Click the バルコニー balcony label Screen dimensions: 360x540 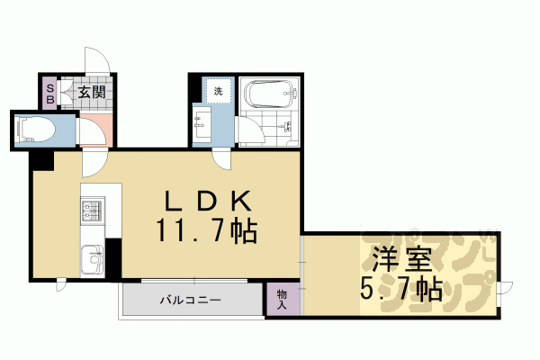click(x=192, y=299)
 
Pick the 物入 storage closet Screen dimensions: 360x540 click(x=282, y=300)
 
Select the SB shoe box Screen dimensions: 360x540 click(x=50, y=91)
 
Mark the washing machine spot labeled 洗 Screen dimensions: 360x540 click(x=217, y=91)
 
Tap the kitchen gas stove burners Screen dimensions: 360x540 click(x=92, y=213)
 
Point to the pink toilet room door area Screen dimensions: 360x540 click(x=94, y=131)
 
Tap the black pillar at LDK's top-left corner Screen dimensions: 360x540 click(x=41, y=160)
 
